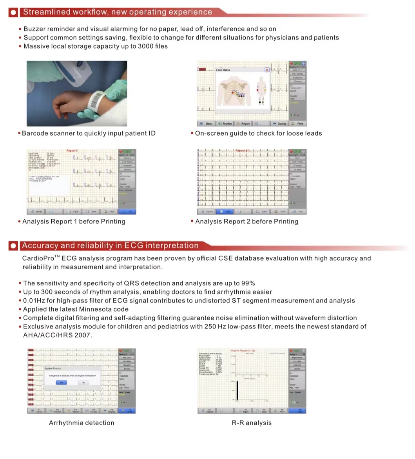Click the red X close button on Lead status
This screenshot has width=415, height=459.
[x=267, y=70]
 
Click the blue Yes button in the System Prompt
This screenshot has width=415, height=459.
[x=61, y=382]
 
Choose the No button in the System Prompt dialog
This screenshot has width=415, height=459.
[x=83, y=382]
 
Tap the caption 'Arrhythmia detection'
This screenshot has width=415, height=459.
[x=82, y=423]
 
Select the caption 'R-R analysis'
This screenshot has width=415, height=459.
[x=252, y=423]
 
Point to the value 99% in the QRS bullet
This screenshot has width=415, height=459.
[x=247, y=283]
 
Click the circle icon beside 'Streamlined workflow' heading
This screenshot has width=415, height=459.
[x=14, y=13]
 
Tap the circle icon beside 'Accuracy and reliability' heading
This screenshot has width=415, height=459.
[x=14, y=246]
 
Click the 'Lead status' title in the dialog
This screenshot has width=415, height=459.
[x=223, y=70]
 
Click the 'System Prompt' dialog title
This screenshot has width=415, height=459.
[x=53, y=368]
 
